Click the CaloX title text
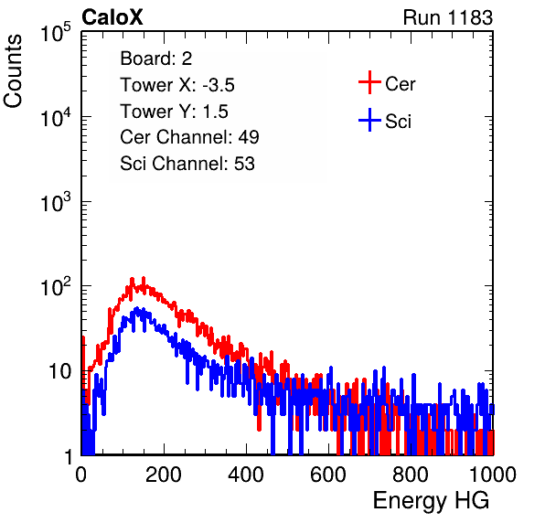point(112,17)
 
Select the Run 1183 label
point(448,17)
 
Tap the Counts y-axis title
point(13,71)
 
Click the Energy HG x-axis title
point(431,501)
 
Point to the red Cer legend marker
point(369,82)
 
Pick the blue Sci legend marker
point(369,120)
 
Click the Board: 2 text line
point(156,59)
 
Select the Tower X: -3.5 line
point(177,85)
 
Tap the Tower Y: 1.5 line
point(174,112)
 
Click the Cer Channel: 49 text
point(189,137)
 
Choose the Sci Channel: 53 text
point(187,164)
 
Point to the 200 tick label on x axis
point(164,475)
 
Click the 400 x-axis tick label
point(246,475)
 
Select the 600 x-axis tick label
point(328,475)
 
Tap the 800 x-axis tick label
point(411,475)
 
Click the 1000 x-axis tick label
point(493,475)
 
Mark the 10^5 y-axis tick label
point(56,32)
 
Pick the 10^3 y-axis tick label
point(56,202)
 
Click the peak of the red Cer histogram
point(144,278)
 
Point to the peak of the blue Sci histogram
point(136,308)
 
